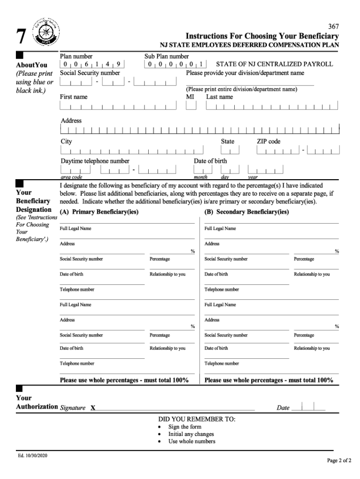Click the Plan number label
click(x=76, y=56)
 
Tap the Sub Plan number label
click(x=166, y=56)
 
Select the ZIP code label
click(x=268, y=141)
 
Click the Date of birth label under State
click(x=210, y=161)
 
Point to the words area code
click(x=72, y=177)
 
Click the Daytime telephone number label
click(x=95, y=161)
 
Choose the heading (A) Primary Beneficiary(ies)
click(x=99, y=212)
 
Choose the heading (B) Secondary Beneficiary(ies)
click(x=246, y=212)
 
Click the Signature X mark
click(x=93, y=408)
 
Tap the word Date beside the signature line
click(x=283, y=408)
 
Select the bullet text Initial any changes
click(x=191, y=434)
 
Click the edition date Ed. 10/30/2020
click(x=33, y=456)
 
